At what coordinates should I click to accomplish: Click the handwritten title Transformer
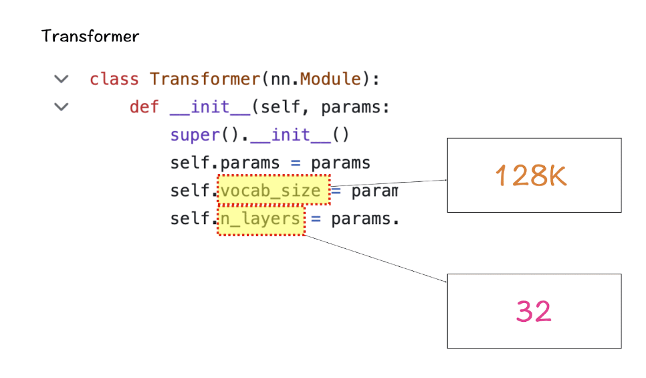click(x=90, y=36)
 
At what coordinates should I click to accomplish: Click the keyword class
click(x=114, y=79)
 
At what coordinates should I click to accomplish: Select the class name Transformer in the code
click(x=205, y=79)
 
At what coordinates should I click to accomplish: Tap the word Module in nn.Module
click(x=330, y=79)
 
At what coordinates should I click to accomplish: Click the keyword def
click(x=144, y=107)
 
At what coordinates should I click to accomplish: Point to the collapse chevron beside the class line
click(x=62, y=79)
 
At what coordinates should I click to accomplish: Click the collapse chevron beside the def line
click(x=62, y=107)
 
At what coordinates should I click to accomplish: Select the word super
click(x=195, y=135)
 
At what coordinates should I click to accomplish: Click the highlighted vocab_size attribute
click(x=271, y=191)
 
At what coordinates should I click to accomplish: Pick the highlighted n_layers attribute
click(x=260, y=219)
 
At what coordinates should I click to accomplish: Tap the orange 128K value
click(x=531, y=175)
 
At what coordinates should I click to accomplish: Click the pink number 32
click(x=534, y=311)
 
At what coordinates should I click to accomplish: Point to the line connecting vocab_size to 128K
click(x=389, y=183)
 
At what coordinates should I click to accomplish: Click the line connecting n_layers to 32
click(x=376, y=259)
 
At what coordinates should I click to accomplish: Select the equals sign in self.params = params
click(x=296, y=163)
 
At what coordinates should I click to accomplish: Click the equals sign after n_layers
click(x=316, y=219)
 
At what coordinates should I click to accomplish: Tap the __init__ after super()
click(x=290, y=135)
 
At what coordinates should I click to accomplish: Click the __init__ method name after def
click(x=210, y=107)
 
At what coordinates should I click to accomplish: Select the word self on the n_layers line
click(x=190, y=219)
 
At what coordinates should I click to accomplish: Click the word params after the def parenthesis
click(x=350, y=108)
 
